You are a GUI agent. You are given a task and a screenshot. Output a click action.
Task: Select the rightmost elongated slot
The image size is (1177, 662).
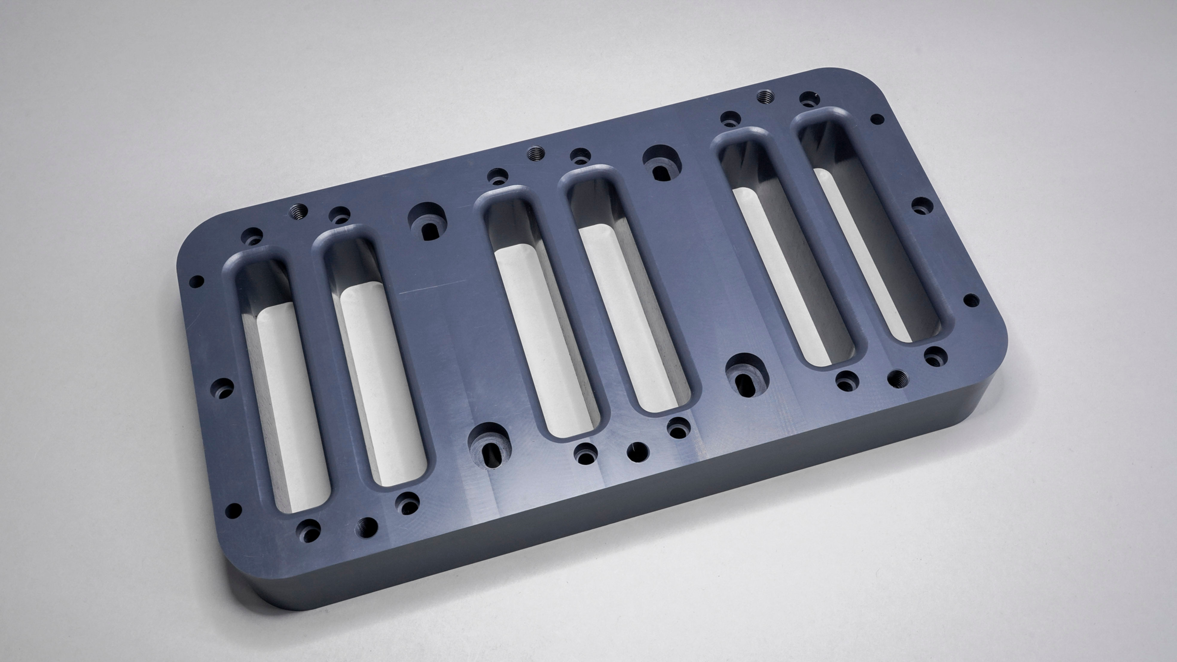(868, 228)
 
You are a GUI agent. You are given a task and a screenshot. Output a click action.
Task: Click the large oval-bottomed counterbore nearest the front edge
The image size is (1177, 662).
(489, 446)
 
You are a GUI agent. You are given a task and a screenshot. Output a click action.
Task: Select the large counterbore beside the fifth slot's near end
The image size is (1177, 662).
(747, 375)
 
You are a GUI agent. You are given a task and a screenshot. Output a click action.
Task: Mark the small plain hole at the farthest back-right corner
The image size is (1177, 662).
(877, 119)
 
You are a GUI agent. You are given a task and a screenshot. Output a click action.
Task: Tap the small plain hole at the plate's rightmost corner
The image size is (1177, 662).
(971, 300)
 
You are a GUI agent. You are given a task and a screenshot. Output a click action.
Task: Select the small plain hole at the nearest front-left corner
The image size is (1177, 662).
(233, 510)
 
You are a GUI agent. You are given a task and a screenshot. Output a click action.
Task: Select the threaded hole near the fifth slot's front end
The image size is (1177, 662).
(897, 378)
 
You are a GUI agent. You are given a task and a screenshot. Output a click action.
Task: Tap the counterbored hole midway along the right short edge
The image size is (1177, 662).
(922, 206)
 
